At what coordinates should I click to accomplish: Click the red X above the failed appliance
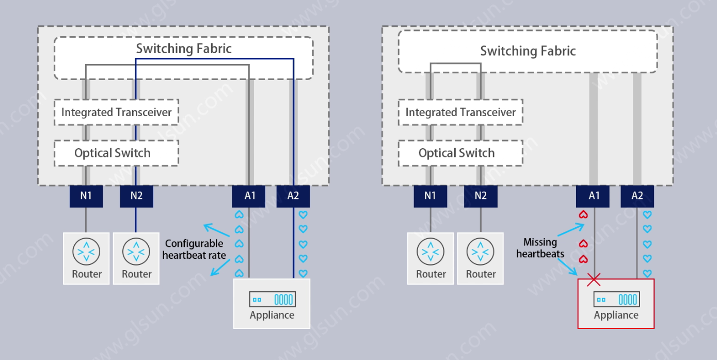pyautogui.click(x=594, y=280)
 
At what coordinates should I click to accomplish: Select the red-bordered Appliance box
pyautogui.click(x=615, y=304)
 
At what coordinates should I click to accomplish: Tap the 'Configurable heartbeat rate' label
pyautogui.click(x=195, y=249)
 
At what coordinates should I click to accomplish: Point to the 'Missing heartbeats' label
pyautogui.click(x=540, y=248)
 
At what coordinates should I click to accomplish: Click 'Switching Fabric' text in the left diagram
pyautogui.click(x=184, y=49)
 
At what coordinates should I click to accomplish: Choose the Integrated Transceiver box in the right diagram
pyautogui.click(x=460, y=112)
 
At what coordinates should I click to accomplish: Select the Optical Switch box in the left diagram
pyautogui.click(x=116, y=153)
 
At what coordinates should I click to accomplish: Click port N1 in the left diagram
pyautogui.click(x=86, y=196)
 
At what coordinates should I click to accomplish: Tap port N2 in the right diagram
pyautogui.click(x=481, y=196)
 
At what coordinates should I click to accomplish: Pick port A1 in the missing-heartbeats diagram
pyautogui.click(x=594, y=196)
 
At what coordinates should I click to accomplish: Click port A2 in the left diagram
pyautogui.click(x=293, y=196)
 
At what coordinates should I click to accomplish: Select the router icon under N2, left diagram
pyautogui.click(x=136, y=252)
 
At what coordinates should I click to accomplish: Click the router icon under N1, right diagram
pyautogui.click(x=431, y=252)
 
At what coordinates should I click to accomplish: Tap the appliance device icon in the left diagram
pyautogui.click(x=272, y=299)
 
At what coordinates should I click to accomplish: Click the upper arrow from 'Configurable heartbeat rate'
pyautogui.click(x=215, y=230)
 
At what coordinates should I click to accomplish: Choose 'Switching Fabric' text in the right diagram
pyautogui.click(x=528, y=51)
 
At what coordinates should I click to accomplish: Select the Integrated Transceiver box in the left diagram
pyautogui.click(x=116, y=112)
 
